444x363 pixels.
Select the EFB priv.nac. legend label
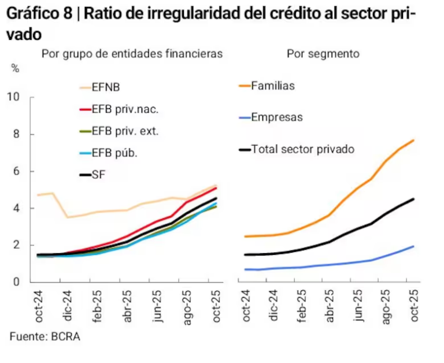coord(125,109)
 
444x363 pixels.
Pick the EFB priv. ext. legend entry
coord(125,131)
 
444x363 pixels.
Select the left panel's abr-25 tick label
coord(127,306)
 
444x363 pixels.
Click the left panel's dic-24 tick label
coord(68,306)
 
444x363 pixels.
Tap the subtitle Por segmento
coord(323,54)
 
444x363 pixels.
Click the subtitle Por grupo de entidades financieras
coord(132,54)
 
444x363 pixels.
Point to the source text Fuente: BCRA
coord(45,336)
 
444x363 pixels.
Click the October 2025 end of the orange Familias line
coord(413,140)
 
